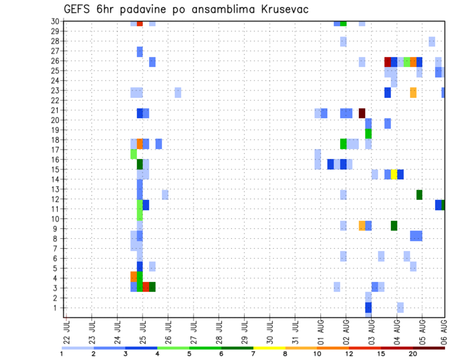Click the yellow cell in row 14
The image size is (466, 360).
[x=394, y=174]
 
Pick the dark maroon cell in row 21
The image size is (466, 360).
[x=362, y=113]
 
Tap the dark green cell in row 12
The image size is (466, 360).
[x=419, y=195]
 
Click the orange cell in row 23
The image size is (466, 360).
[x=413, y=92]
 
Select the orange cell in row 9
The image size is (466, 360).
[x=362, y=226]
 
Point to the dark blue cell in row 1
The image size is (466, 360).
[x=368, y=308]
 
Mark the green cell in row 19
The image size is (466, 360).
[x=368, y=133]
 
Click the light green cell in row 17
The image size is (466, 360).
[x=133, y=154]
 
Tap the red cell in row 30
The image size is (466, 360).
[x=140, y=23]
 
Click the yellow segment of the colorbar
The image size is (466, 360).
[x=269, y=348]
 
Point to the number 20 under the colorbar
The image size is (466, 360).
[x=413, y=354]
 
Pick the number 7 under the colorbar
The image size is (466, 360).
[x=253, y=354]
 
